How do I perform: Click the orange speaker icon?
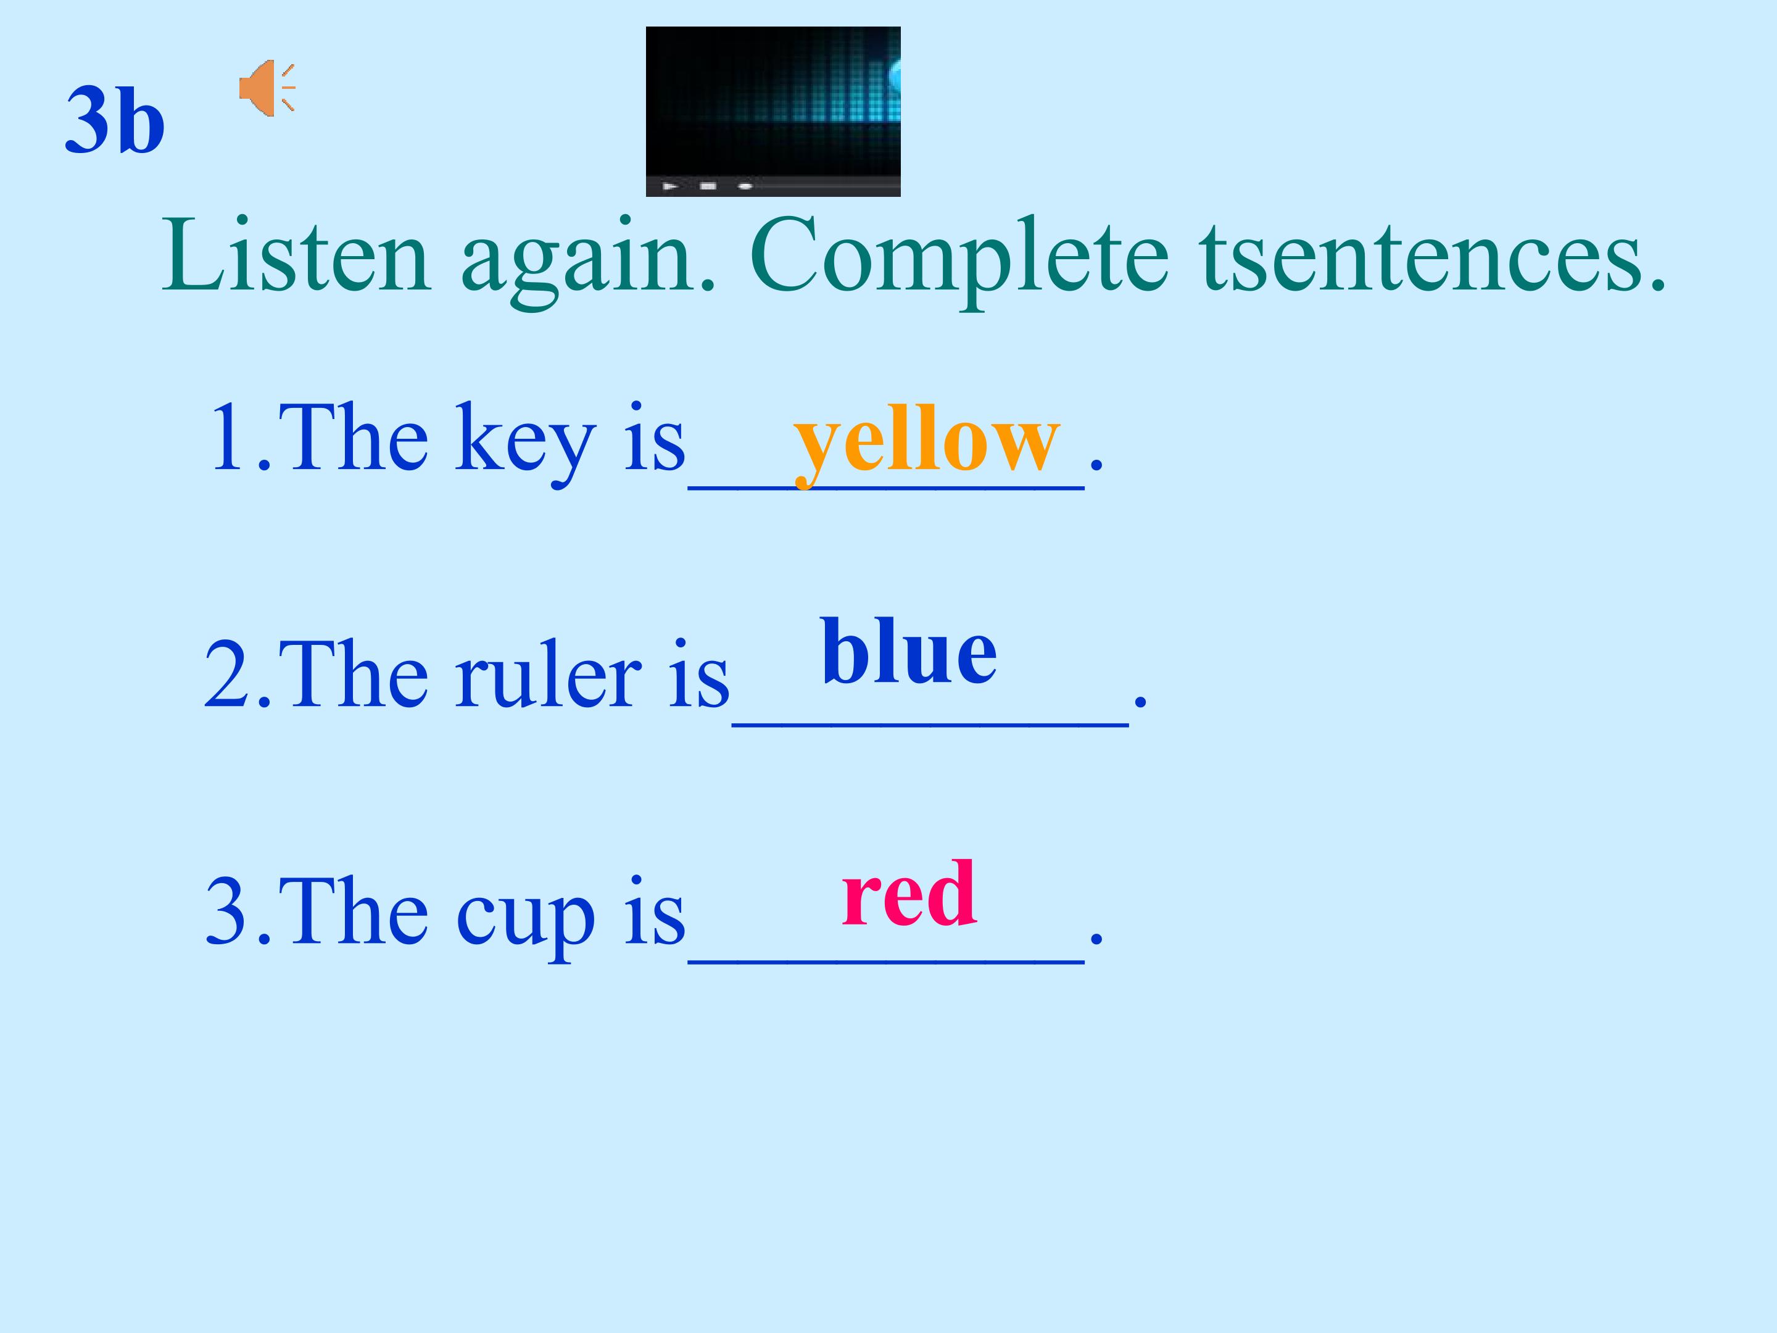point(265,88)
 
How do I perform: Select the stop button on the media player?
point(708,186)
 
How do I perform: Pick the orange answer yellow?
point(926,440)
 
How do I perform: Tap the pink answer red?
point(909,893)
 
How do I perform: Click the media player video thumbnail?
point(773,101)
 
